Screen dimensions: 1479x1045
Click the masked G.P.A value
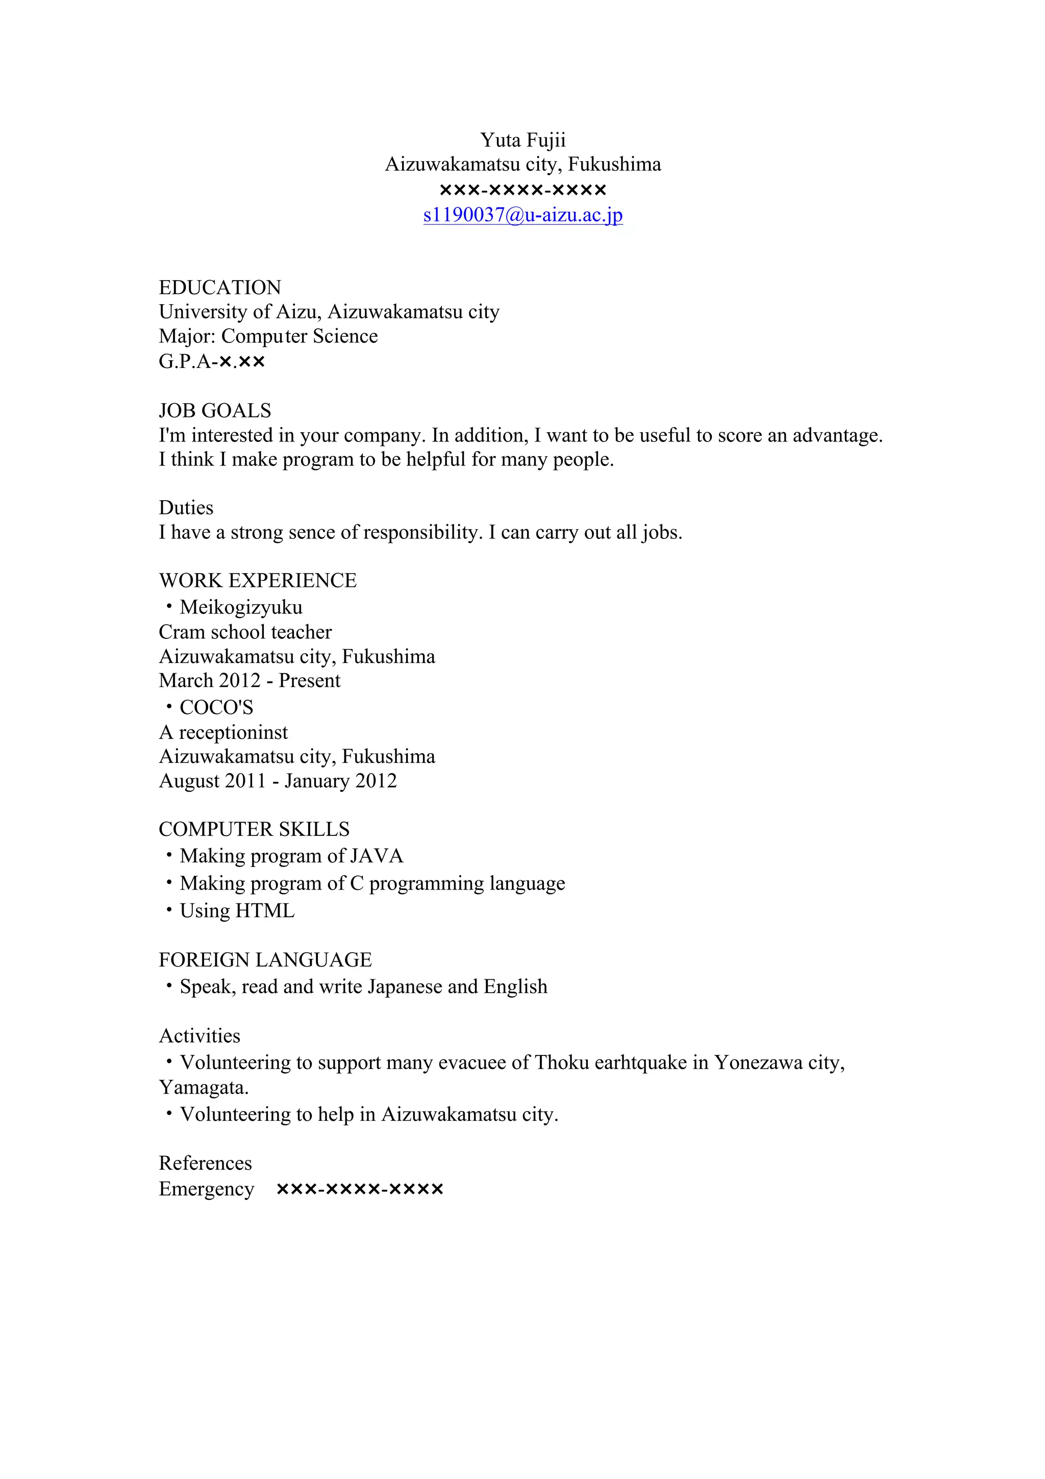[x=241, y=361]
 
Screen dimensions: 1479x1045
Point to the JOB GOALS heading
[x=214, y=410]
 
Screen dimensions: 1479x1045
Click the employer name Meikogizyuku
[x=241, y=607]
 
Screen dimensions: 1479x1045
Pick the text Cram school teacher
[x=245, y=632]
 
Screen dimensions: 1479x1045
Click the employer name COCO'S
[x=216, y=707]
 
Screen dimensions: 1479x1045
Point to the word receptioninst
[x=233, y=732]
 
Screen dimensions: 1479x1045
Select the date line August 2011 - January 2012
[x=278, y=781]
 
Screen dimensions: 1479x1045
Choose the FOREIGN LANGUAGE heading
[x=265, y=960]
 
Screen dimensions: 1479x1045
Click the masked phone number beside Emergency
[x=359, y=1189]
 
